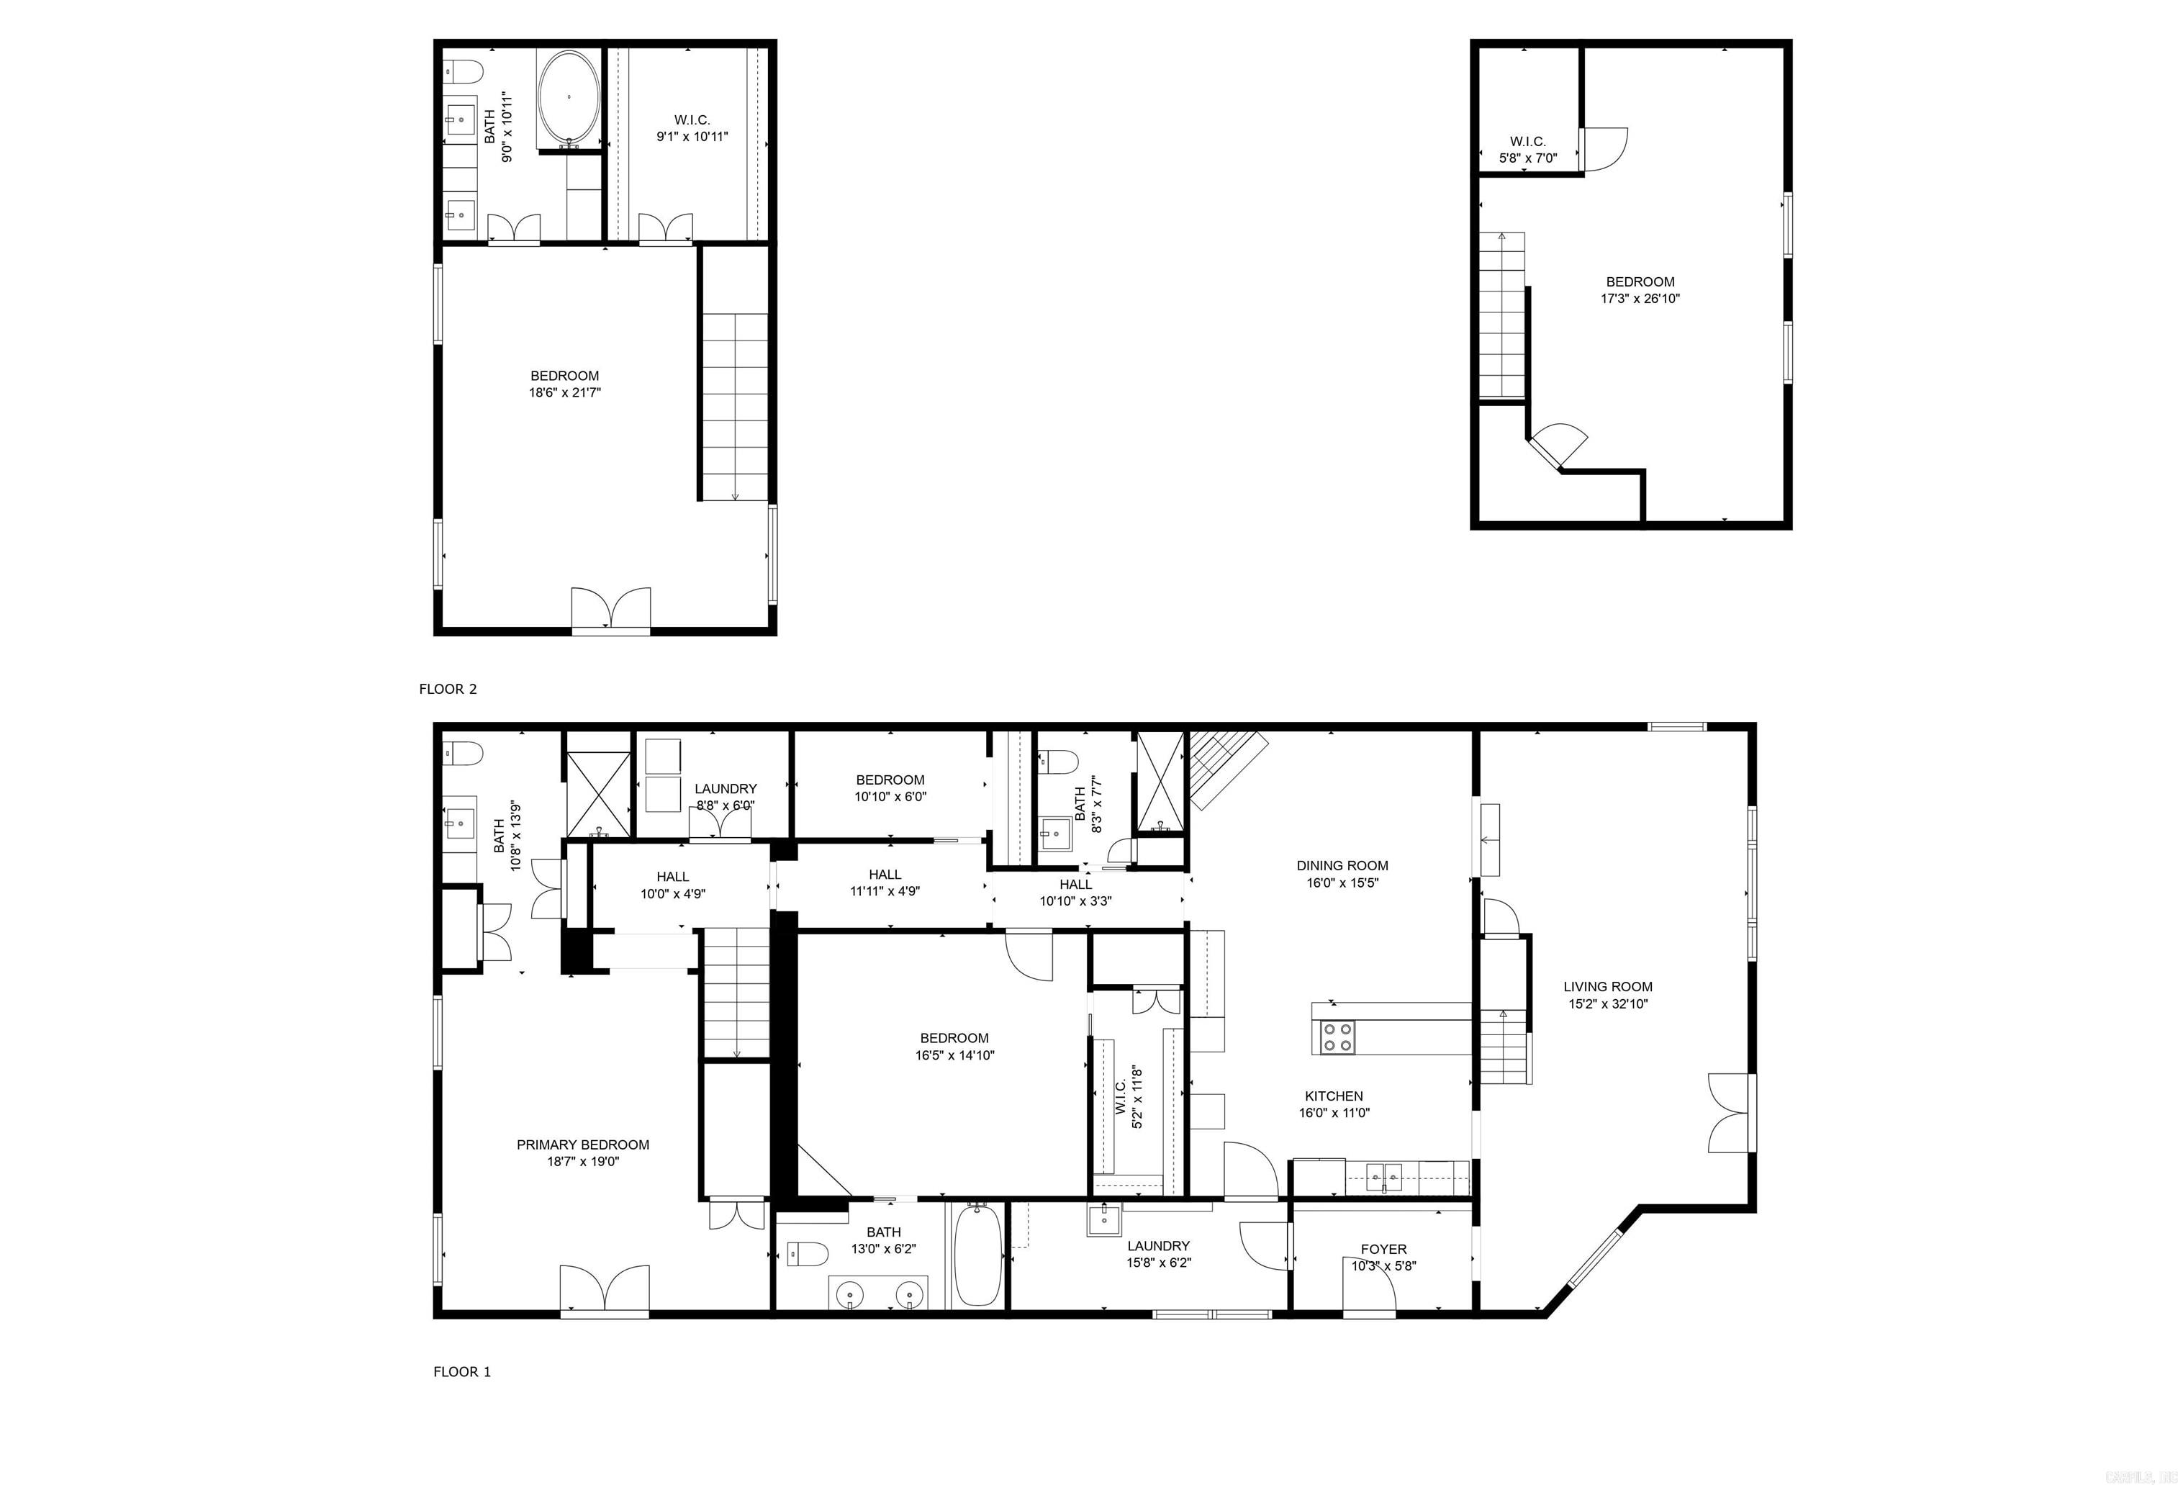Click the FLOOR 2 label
447,689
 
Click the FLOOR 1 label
461,1371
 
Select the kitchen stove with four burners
1337,1037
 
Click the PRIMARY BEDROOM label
582,1145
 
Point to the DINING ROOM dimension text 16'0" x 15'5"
1342,883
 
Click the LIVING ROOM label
1607,986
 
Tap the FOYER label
1383,1249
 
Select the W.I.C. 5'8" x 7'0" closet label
1527,142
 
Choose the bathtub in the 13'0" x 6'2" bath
978,1255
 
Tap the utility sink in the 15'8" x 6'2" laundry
1103,1221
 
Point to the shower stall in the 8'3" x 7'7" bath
1160,783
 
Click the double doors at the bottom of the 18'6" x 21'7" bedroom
611,610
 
